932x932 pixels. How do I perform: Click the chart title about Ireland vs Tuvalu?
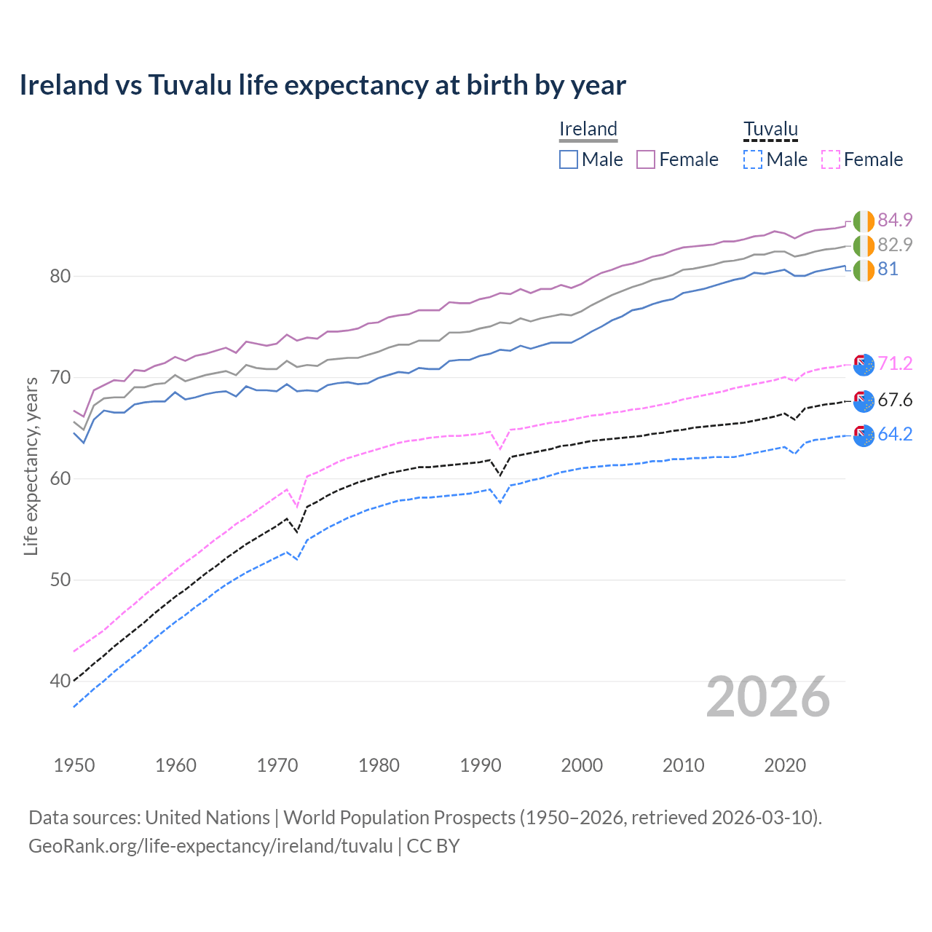coord(323,85)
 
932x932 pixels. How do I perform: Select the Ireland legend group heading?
coord(588,129)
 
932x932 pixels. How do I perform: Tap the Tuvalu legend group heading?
coord(770,129)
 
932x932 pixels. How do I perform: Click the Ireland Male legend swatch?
coord(569,159)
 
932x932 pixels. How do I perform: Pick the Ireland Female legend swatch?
coord(646,159)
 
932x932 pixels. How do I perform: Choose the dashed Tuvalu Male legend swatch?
coord(753,159)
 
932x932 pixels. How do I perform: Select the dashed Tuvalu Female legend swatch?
coord(831,159)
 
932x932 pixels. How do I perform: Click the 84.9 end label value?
coord(895,220)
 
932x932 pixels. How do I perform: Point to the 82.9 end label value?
coord(895,245)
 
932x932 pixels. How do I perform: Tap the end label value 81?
coord(888,269)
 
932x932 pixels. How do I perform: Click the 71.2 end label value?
coord(895,363)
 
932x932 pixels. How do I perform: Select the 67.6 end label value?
coord(895,400)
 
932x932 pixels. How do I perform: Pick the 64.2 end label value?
coord(895,435)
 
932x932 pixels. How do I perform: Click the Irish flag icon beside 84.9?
coord(864,220)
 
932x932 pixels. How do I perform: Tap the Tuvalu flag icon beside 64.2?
coord(864,435)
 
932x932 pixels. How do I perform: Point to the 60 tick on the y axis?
coord(60,478)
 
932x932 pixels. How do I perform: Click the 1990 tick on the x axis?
coord(481,765)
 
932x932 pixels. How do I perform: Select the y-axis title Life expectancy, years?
coord(31,466)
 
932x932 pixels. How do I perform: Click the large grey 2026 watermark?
coord(768,697)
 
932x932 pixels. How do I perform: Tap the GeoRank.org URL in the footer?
coord(210,846)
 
